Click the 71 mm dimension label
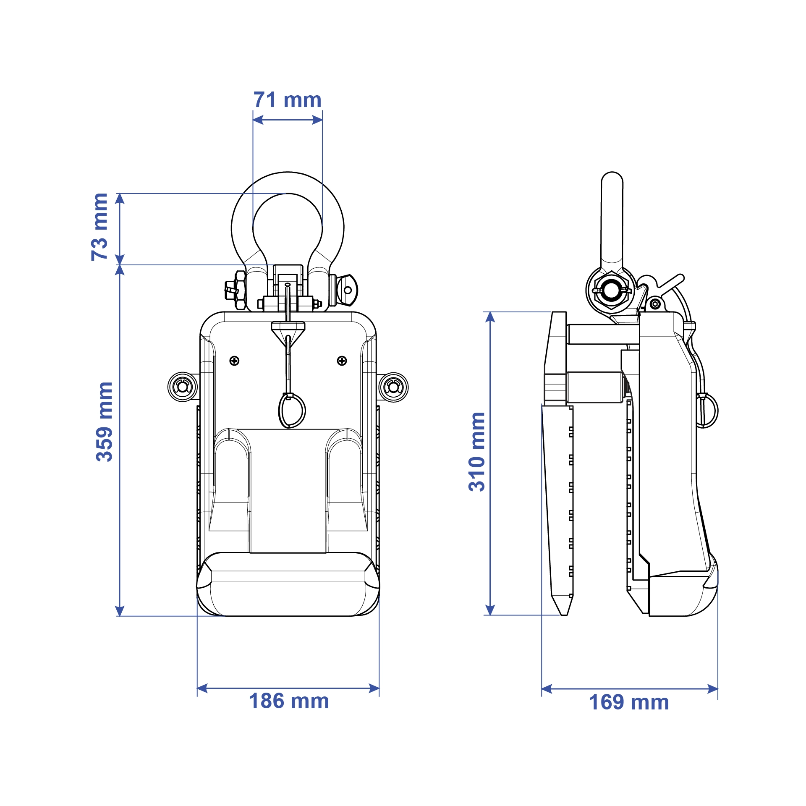[287, 100]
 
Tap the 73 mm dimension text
[100, 227]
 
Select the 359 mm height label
[104, 422]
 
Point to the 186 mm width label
[289, 701]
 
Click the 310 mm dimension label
[477, 452]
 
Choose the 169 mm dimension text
[628, 702]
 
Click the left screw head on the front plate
[234, 361]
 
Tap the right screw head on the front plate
[342, 361]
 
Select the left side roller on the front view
[183, 387]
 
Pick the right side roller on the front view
[393, 387]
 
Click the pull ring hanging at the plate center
[292, 411]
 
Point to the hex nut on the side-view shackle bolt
[611, 290]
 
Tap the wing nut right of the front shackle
[348, 290]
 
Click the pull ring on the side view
[707, 410]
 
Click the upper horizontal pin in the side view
[602, 334]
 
